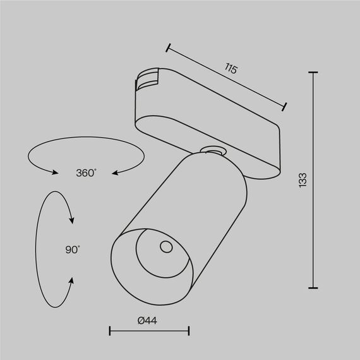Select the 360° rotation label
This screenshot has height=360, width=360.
coord(86,172)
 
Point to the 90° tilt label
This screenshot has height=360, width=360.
coord(72,249)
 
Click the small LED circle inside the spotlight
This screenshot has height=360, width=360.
coord(165,246)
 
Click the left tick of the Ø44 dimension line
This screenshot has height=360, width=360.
coord(110,330)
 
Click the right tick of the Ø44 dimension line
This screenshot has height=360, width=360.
coord(189,330)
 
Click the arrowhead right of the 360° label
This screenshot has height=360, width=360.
coord(116,171)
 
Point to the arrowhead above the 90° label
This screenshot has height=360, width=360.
coord(73,221)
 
